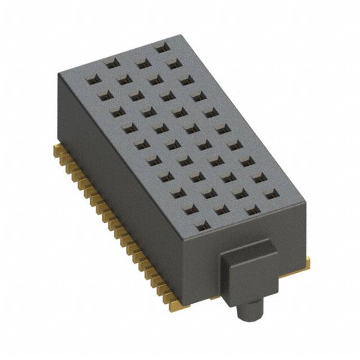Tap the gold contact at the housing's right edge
pyautogui.click(x=307, y=260)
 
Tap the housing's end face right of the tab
pyautogui.click(x=292, y=236)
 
